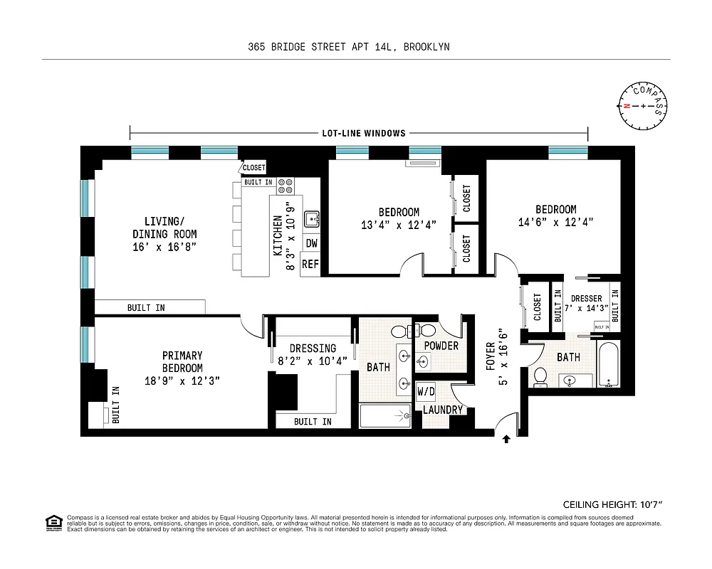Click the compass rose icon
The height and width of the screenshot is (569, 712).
point(644,106)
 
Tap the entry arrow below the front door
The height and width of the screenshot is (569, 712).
point(506,440)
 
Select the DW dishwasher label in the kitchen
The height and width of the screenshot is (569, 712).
point(311,243)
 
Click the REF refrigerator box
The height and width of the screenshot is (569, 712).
point(310,264)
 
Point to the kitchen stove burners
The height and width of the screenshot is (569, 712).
point(286,186)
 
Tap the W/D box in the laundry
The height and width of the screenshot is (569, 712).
point(426,392)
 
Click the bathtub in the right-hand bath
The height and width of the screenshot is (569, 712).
point(609,363)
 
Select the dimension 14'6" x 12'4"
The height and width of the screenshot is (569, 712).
point(555,222)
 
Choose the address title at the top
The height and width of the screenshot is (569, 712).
point(349,47)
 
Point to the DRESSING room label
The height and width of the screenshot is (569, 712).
point(313,349)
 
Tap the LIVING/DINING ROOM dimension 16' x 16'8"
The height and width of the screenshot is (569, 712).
point(164,246)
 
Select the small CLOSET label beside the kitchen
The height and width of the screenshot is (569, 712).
point(253,168)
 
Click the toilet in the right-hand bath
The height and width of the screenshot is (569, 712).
point(540,376)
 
